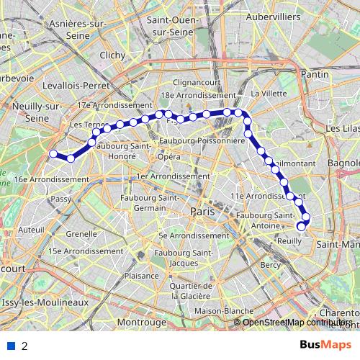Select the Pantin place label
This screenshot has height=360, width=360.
(x=315, y=74)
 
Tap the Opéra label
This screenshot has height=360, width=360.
(x=168, y=156)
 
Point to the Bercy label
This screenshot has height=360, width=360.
(x=270, y=265)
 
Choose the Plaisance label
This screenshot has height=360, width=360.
(x=141, y=276)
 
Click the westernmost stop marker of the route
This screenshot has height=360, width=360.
(x=53, y=153)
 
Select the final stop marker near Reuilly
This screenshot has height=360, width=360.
(x=301, y=228)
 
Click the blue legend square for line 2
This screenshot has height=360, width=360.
(x=11, y=346)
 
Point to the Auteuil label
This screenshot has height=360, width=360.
(x=32, y=229)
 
